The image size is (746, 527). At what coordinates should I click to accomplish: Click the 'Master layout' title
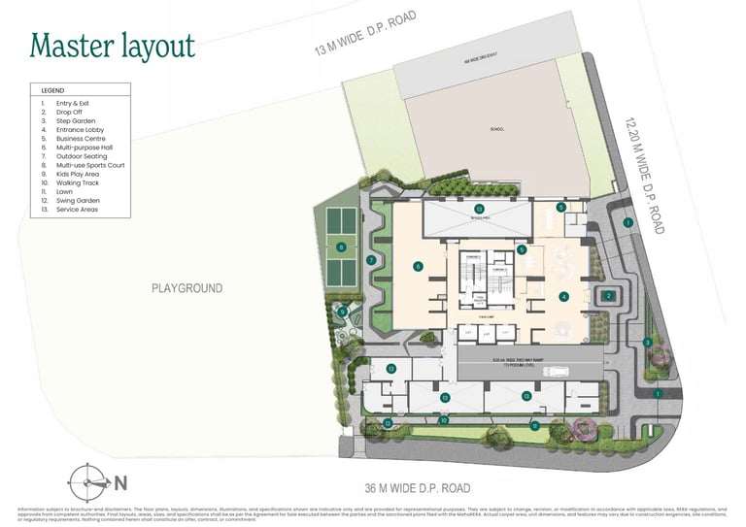coord(112,45)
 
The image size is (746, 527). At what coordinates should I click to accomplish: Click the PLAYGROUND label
coord(186,288)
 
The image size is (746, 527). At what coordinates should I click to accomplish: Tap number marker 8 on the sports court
coord(341,247)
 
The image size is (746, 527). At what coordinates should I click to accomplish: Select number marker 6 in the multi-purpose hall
coord(418,266)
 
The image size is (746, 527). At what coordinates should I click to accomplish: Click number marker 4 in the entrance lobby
coord(562,297)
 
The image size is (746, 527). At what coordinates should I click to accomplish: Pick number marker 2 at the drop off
coord(608,296)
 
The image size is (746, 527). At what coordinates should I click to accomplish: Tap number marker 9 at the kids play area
coord(342,311)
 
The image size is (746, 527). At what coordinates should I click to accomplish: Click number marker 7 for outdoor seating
coord(371,260)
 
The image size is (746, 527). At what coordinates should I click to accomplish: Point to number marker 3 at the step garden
coord(647,342)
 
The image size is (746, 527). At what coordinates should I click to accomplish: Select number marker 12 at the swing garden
coord(387,423)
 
